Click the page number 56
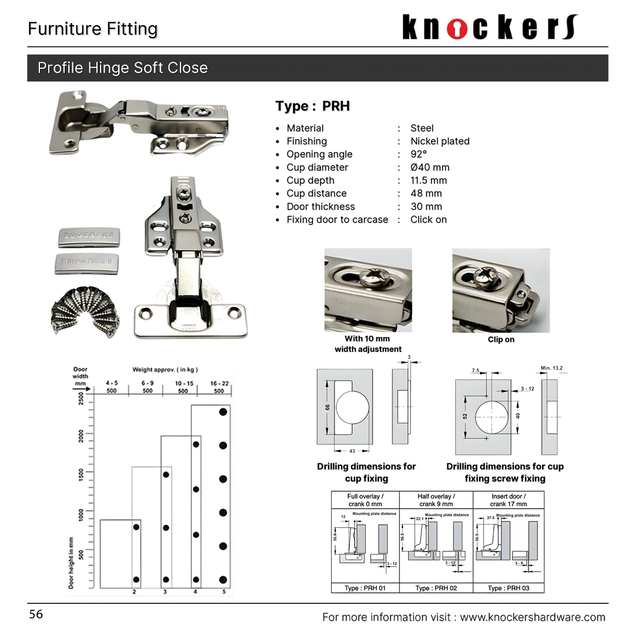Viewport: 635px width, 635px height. coord(36,614)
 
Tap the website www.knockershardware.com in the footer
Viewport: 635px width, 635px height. coord(532,617)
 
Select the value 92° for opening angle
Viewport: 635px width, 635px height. coord(419,154)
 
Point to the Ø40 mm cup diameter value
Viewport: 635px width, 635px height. coord(430,168)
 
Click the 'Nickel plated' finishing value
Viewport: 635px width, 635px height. coord(440,141)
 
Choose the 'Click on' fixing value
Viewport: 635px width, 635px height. coord(429,219)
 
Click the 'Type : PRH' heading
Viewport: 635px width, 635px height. coord(313,106)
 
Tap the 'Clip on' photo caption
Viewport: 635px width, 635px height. coord(501,339)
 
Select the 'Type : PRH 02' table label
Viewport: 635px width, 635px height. coord(436,588)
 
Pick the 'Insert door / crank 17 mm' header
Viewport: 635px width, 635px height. coord(509,500)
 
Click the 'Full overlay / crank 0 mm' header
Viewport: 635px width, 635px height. coord(365,500)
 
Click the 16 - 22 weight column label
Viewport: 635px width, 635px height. coord(219,383)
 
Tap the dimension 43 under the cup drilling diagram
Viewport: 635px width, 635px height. coord(352,451)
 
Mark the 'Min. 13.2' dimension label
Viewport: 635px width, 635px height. coord(552,369)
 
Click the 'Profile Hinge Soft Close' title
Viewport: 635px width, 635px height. coord(122,68)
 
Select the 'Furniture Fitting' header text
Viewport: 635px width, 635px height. coord(92,29)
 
